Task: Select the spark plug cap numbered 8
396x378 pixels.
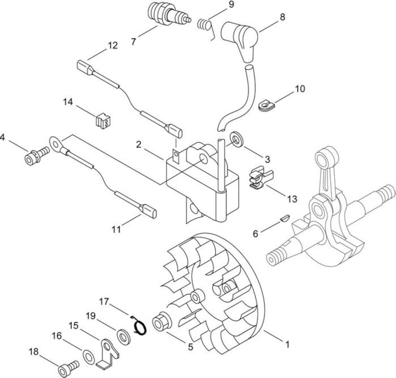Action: click(239, 39)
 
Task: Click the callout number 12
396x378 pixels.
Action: click(113, 45)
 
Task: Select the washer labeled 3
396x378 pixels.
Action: click(237, 138)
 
